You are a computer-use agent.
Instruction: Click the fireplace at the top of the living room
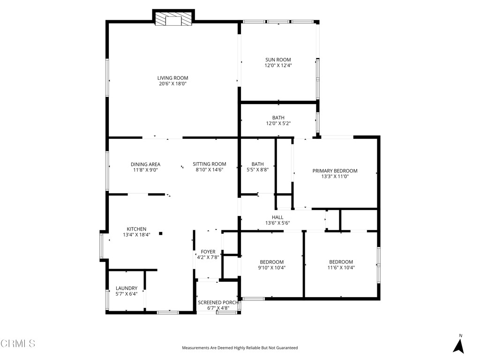pyautogui.click(x=173, y=20)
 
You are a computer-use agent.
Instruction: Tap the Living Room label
pyautogui.click(x=172, y=78)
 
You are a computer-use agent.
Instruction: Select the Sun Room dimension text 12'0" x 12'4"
pyautogui.click(x=278, y=66)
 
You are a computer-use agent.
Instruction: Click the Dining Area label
pyautogui.click(x=145, y=164)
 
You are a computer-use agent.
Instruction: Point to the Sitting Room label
pyautogui.click(x=209, y=164)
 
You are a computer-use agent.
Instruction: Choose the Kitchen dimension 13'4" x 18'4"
pyautogui.click(x=136, y=235)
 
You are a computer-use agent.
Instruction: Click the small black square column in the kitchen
pyautogui.click(x=160, y=233)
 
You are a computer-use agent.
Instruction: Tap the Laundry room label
pyautogui.click(x=127, y=288)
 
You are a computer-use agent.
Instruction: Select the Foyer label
pyautogui.click(x=208, y=252)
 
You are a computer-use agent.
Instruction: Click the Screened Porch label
pyautogui.click(x=218, y=302)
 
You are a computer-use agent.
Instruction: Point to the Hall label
pyautogui.click(x=277, y=217)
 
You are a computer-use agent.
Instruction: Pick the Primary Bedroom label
pyautogui.click(x=335, y=171)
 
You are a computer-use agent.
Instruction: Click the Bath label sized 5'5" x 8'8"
pyautogui.click(x=257, y=164)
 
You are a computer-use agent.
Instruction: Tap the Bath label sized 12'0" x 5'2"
pyautogui.click(x=278, y=118)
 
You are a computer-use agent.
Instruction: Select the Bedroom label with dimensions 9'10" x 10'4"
pyautogui.click(x=271, y=262)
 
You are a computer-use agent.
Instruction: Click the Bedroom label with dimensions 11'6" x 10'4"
pyautogui.click(x=341, y=262)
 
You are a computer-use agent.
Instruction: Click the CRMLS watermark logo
pyautogui.click(x=18, y=344)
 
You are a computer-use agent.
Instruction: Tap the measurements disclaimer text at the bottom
pyautogui.click(x=240, y=348)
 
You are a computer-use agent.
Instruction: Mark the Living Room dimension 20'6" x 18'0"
pyautogui.click(x=172, y=84)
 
